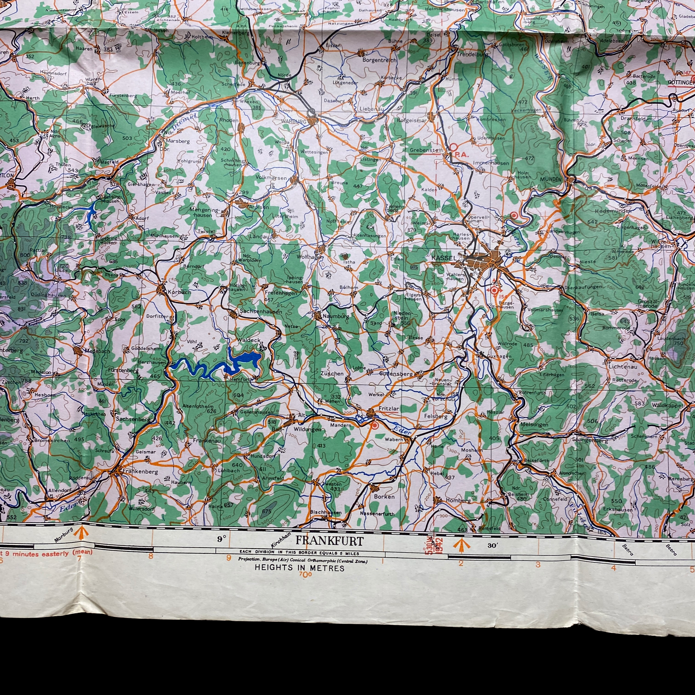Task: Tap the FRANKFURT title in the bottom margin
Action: [329, 541]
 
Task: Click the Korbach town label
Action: [179, 292]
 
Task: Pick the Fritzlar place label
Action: [389, 409]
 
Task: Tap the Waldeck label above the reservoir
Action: [248, 340]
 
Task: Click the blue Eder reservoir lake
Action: [245, 360]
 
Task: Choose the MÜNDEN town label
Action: [550, 179]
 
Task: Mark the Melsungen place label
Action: [534, 425]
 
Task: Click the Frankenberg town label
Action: [140, 471]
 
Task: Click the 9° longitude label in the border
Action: [221, 539]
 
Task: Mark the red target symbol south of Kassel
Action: [494, 290]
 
